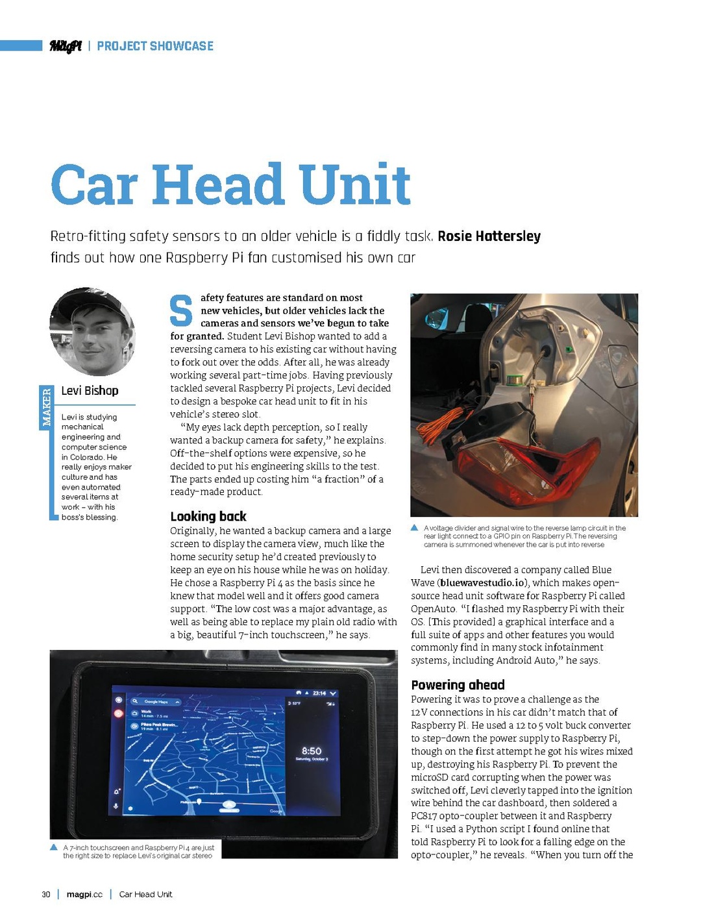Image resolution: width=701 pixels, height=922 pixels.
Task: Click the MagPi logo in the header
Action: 66,46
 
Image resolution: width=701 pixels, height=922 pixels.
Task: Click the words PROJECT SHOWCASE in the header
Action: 155,46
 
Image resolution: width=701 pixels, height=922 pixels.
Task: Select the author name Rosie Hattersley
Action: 489,236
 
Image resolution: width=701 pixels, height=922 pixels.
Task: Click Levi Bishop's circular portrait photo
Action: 92,332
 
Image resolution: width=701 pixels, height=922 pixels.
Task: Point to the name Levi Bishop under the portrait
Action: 90,391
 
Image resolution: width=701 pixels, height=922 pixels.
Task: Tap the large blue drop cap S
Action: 181,311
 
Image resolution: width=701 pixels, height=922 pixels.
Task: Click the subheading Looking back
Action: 208,517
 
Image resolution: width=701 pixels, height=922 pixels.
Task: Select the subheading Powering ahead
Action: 458,685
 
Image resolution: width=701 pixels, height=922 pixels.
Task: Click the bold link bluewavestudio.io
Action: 482,583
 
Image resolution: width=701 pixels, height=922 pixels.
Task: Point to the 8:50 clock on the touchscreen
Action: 312,751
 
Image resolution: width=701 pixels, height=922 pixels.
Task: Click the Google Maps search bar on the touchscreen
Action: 156,702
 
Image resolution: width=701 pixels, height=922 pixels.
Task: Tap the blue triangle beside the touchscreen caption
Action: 55,847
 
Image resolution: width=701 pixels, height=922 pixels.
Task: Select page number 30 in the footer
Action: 46,894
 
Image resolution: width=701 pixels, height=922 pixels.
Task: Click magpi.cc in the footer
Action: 84,894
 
